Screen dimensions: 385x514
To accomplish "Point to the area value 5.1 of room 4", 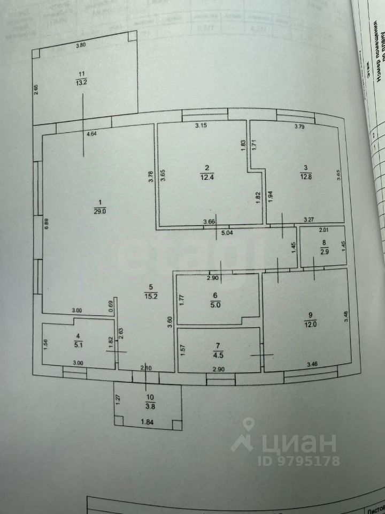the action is (x=78, y=345).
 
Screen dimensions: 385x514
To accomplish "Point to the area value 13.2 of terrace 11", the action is (x=81, y=82).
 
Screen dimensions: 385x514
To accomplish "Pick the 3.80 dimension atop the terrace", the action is (x=81, y=46).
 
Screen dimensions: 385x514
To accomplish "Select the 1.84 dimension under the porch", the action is (x=147, y=423).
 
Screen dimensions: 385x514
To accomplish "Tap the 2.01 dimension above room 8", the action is (x=324, y=231).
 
